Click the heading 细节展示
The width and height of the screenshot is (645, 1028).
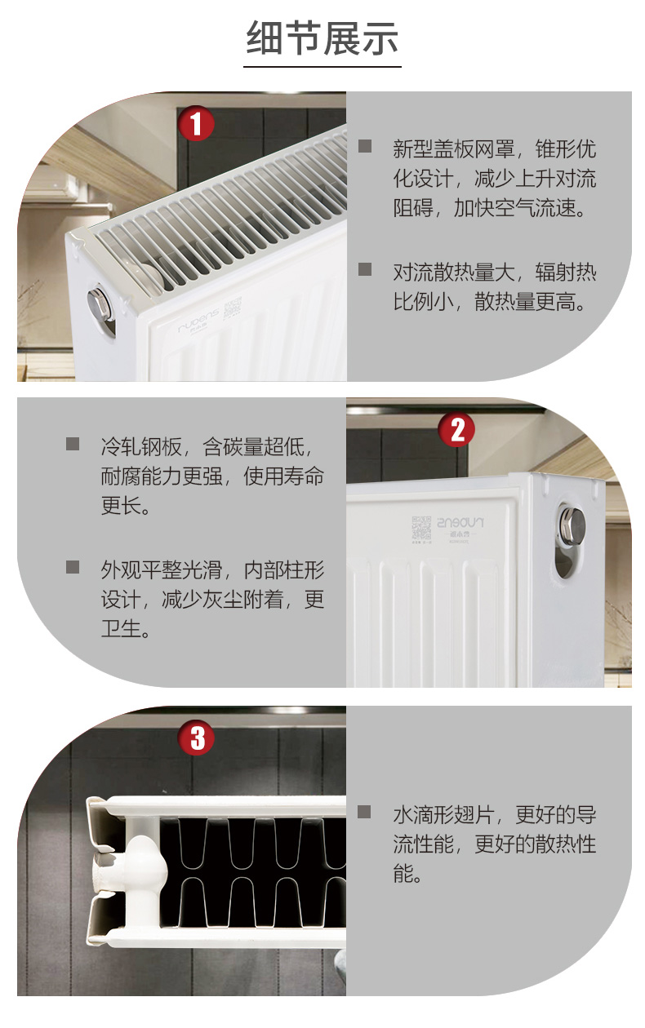pos(322,38)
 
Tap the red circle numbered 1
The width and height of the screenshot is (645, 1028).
pos(196,124)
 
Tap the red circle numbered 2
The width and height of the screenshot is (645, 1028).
pos(456,429)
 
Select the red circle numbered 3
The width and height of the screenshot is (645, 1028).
pos(197,738)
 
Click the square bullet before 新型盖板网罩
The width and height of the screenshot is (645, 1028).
pos(365,146)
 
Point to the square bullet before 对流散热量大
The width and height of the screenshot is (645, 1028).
pos(365,269)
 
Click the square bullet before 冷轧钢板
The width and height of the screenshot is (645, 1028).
pos(73,444)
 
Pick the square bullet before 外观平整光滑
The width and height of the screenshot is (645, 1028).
pos(73,567)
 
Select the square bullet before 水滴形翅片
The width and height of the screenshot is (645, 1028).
pos(364,812)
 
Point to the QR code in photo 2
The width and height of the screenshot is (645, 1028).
pos(421,527)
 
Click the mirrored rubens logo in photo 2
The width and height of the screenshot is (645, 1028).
pos(460,523)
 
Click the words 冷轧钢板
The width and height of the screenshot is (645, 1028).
pos(141,446)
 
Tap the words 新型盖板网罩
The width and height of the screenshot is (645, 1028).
pos(453,148)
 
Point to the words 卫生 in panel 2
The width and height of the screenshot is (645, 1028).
pos(121,628)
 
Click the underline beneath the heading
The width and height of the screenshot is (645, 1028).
pos(322,67)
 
